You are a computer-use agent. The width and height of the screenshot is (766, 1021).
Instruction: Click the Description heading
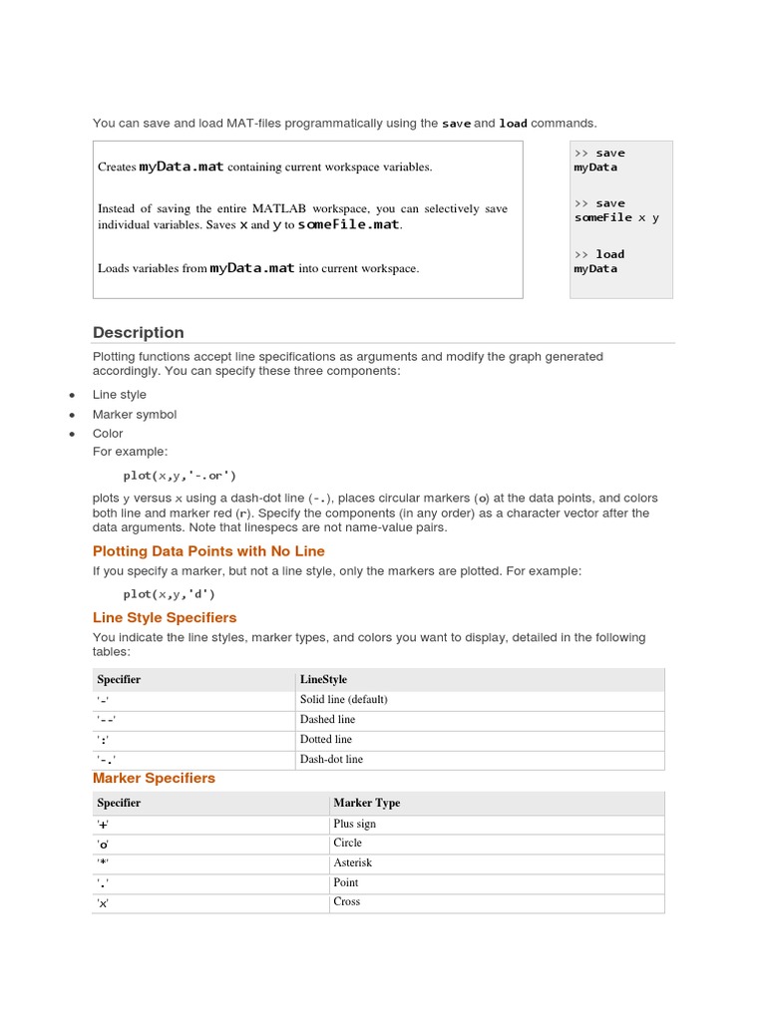point(139,333)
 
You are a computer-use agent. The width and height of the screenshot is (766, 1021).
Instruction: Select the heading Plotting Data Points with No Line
point(208,551)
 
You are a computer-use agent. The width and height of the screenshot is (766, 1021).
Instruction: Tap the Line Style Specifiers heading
point(165,618)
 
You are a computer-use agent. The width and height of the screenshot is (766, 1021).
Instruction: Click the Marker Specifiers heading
point(154,779)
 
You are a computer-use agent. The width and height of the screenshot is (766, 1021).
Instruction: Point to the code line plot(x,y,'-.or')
point(180,476)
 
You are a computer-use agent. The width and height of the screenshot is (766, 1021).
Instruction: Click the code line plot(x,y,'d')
point(170,594)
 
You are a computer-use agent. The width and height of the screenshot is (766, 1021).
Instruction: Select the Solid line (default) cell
point(343,700)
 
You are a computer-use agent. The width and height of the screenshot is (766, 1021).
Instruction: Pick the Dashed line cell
point(327,720)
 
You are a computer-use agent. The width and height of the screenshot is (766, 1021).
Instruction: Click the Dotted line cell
point(325,740)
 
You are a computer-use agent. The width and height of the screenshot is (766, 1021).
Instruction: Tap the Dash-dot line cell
point(331,760)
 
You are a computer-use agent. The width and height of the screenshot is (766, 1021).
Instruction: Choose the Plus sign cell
point(354,825)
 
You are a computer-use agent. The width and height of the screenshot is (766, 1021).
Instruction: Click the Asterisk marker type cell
point(352,863)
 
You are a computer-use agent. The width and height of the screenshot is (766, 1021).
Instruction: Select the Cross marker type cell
point(346,902)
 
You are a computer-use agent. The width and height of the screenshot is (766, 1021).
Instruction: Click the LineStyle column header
point(323,680)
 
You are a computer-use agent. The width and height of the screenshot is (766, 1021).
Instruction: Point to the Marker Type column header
point(366,804)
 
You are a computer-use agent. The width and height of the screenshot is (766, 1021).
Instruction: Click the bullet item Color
point(108,434)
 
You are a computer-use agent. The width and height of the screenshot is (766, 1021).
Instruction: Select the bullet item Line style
point(119,395)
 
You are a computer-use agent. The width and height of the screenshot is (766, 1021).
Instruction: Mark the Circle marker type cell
point(347,844)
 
